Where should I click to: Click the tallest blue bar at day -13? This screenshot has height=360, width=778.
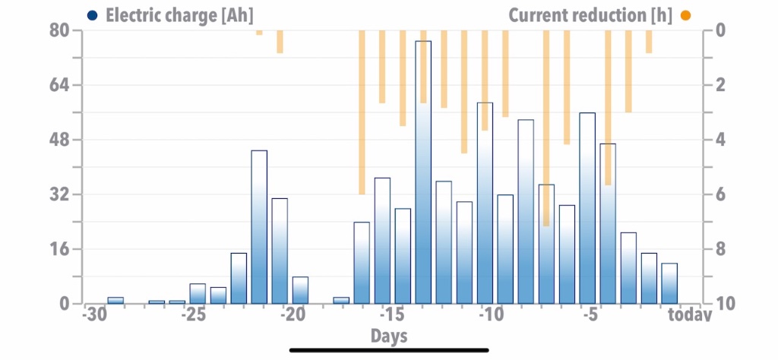click(x=423, y=172)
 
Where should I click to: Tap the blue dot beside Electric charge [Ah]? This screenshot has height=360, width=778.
click(x=92, y=15)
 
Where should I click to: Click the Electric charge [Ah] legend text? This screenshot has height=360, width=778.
click(x=179, y=15)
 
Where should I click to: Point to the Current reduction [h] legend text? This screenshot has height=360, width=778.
click(x=590, y=15)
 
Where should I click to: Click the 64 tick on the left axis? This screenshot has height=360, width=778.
click(x=59, y=85)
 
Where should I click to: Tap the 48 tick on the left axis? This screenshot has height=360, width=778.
click(x=59, y=140)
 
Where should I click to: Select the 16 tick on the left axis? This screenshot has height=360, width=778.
click(x=59, y=249)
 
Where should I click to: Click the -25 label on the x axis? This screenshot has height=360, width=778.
click(x=194, y=314)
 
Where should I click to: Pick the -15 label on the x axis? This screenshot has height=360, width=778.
click(x=392, y=314)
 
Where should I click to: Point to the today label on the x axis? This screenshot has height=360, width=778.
click(x=689, y=314)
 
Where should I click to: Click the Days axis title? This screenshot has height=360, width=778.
click(x=389, y=336)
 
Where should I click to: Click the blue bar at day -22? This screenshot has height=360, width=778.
click(x=259, y=227)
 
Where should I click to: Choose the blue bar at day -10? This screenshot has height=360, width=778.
click(x=485, y=204)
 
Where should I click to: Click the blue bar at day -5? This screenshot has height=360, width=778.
click(x=587, y=208)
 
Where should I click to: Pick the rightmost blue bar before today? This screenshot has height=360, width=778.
click(x=669, y=283)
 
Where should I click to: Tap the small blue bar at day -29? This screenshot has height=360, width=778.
click(x=115, y=301)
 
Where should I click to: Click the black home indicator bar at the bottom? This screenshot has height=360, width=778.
click(x=389, y=350)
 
